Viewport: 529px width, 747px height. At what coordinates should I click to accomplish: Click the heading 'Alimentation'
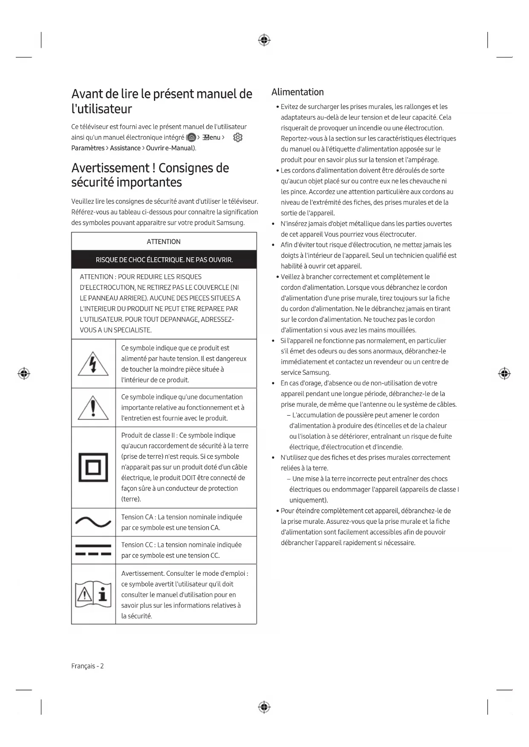(298, 92)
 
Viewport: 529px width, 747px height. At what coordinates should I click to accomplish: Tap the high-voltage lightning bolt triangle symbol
(93, 364)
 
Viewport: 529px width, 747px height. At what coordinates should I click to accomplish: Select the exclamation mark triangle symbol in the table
(93, 408)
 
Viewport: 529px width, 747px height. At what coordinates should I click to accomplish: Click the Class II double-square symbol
(93, 468)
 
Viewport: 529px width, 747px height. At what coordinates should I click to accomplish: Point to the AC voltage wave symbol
(93, 522)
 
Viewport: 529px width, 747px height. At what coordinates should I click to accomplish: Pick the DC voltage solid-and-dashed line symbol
(93, 550)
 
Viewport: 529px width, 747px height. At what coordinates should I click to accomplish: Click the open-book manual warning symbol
(93, 594)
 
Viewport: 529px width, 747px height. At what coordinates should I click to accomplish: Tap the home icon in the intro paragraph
(192, 138)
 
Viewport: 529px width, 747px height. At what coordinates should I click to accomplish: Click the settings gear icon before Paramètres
(238, 138)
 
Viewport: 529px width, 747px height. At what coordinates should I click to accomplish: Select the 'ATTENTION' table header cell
(164, 241)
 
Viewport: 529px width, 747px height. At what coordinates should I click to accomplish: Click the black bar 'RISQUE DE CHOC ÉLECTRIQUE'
(164, 260)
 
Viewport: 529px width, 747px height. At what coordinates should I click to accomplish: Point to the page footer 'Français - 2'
(87, 666)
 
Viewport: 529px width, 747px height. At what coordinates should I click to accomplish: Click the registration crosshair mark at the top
(264, 40)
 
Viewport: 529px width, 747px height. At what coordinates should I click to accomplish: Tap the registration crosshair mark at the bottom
(264, 707)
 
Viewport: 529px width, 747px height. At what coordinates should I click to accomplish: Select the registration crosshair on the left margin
(24, 373)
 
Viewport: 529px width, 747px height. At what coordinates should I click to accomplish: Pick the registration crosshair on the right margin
(504, 373)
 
